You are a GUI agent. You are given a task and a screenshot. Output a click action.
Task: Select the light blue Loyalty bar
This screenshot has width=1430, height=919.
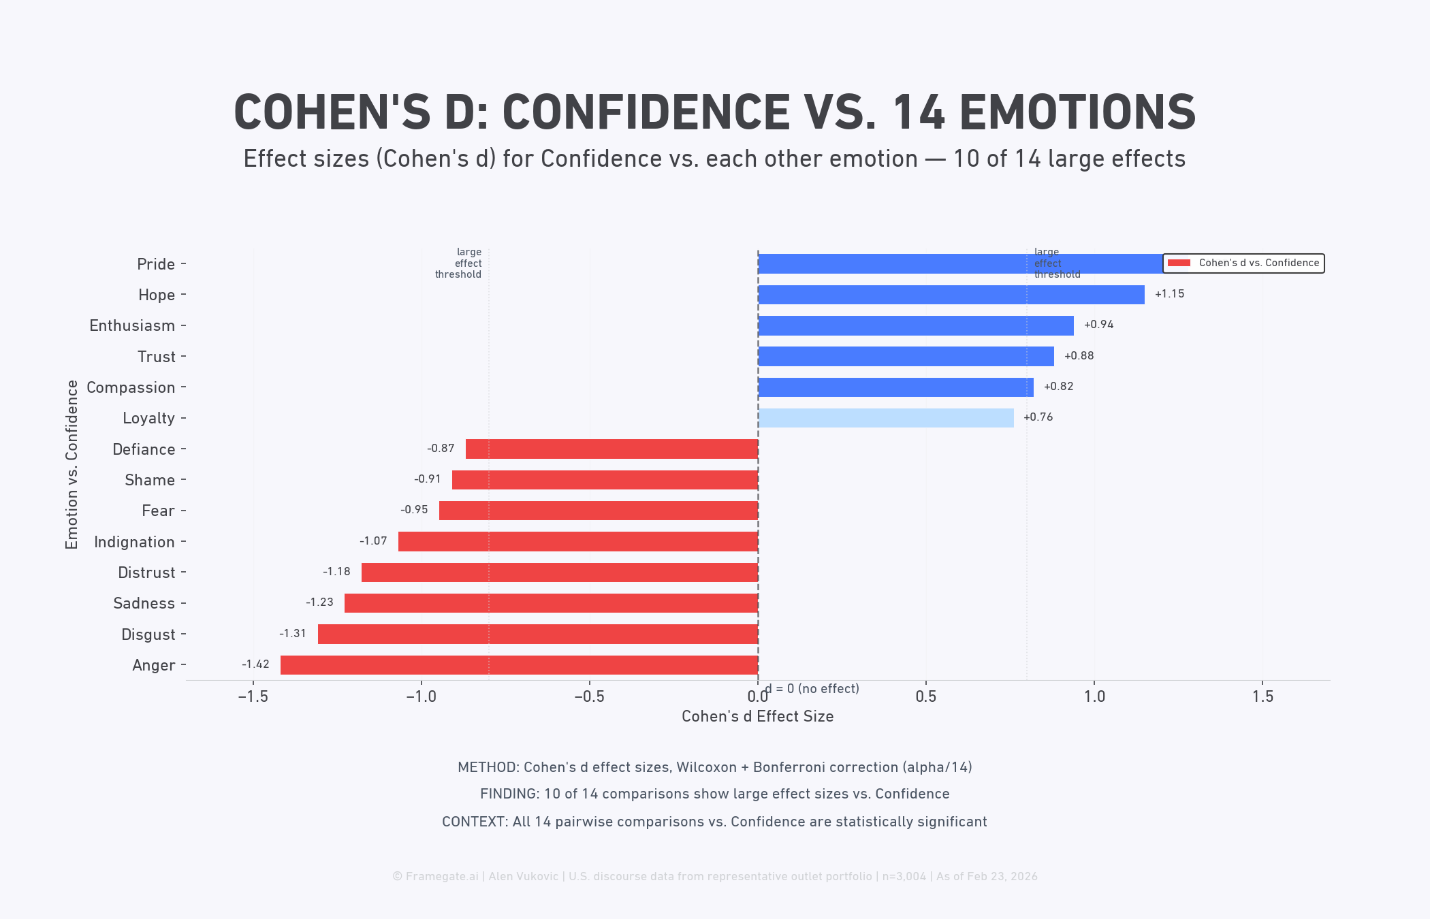885,418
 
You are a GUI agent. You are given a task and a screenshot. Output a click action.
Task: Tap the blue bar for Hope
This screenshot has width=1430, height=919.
951,295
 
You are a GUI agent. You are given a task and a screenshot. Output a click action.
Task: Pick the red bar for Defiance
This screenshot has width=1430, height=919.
611,449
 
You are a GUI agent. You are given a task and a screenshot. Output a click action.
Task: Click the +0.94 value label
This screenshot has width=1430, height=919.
1098,325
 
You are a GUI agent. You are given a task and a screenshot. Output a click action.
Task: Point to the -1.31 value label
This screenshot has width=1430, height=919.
293,634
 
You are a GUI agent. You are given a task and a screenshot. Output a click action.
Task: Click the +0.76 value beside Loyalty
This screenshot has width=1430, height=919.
1038,417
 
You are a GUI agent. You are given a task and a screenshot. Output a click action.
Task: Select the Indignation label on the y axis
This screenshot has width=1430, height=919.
134,542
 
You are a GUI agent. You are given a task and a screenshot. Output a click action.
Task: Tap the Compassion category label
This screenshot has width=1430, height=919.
131,387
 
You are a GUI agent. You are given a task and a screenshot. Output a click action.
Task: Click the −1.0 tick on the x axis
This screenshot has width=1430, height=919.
421,696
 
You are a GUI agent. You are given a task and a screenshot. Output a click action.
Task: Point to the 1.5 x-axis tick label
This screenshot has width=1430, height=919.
1262,696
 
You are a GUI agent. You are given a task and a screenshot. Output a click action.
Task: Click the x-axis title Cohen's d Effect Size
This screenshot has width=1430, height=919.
757,716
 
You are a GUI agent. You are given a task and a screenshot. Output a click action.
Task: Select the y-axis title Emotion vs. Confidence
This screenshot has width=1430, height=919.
71,464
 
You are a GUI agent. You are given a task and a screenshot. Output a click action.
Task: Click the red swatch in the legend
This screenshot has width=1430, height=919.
1179,263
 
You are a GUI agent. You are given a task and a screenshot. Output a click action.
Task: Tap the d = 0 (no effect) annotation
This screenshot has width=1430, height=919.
812,689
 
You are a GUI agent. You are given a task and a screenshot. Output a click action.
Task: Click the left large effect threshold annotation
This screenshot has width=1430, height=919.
459,263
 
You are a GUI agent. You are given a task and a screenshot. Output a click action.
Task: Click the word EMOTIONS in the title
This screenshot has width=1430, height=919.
1077,113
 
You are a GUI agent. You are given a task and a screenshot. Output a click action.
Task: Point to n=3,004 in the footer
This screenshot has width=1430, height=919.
904,876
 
